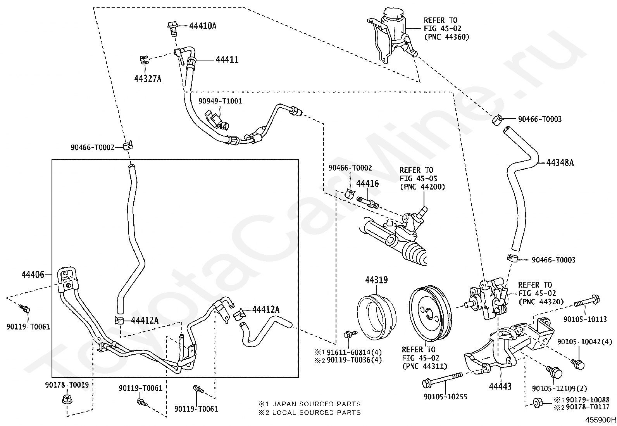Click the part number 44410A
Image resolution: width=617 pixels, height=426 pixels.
click(x=203, y=26)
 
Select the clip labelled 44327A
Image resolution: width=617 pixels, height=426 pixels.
click(x=143, y=60)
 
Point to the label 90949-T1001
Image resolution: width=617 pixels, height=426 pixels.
click(x=221, y=101)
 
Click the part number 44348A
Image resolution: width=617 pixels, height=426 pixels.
click(x=560, y=163)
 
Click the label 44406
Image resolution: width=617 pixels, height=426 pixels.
click(x=33, y=275)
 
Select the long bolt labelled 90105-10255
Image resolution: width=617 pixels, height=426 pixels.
click(x=443, y=379)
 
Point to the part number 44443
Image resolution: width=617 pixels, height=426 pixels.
click(x=500, y=386)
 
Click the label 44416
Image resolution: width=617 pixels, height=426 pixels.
click(x=367, y=183)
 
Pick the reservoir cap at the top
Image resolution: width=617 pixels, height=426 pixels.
click(x=394, y=12)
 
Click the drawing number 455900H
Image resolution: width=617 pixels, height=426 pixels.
click(x=600, y=420)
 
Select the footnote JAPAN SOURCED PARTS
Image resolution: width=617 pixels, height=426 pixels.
click(x=317, y=404)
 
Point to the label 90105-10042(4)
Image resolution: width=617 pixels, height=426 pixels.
click(x=584, y=341)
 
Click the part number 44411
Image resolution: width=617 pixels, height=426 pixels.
click(x=227, y=60)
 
